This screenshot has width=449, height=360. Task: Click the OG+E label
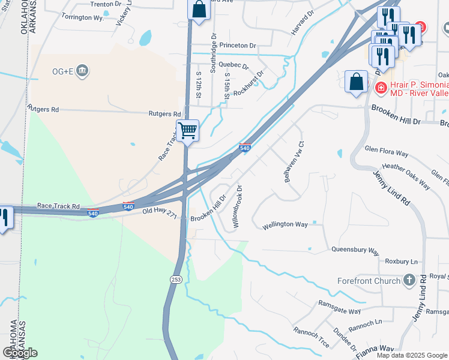[62, 71]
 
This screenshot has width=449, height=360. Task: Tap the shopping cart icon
[187, 130]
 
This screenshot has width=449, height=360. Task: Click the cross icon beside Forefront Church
[409, 280]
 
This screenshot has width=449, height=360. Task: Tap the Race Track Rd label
[58, 206]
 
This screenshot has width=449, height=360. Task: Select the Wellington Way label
[285, 225]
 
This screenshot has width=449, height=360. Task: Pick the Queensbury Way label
[355, 249]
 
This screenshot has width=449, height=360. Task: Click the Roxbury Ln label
[401, 262]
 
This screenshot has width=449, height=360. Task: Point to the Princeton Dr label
[238, 45]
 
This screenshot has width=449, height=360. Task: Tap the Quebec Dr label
[234, 64]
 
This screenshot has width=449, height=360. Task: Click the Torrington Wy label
[83, 17]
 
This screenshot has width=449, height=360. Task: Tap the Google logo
[20, 352]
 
